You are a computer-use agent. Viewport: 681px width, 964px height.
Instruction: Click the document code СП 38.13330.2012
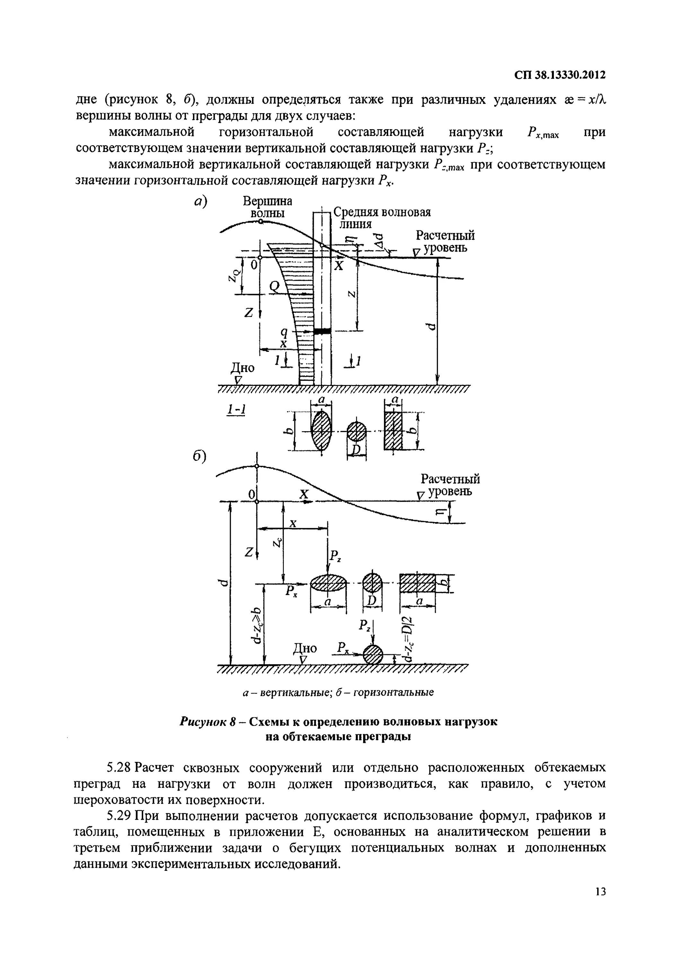click(560, 75)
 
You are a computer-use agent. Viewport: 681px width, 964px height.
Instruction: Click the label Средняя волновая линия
click(382, 218)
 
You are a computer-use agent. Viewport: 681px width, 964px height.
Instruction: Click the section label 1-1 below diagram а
click(236, 410)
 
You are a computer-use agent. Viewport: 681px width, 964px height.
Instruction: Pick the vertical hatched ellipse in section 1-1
click(321, 431)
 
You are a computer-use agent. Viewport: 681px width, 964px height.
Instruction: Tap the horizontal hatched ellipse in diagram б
click(328, 584)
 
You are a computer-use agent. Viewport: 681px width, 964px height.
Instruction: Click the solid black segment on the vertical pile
click(322, 331)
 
